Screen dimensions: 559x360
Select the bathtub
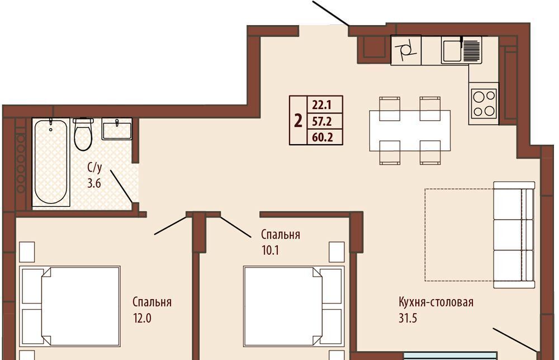pos(51,162)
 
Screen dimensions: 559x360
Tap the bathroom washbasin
pos(117,129)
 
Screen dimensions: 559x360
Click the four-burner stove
pos(484,103)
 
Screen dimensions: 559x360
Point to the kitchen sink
pos(461,50)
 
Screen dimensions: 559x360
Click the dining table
pos(410,130)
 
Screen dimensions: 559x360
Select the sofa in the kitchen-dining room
pos(514,235)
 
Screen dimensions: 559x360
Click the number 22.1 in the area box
pos(322,105)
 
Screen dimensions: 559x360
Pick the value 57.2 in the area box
pos(322,122)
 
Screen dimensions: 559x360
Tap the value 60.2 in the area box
pos(323,137)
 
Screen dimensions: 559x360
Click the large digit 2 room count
pos(298,121)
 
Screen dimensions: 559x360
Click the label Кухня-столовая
pos(436,302)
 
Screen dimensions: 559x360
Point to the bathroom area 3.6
pos(94,183)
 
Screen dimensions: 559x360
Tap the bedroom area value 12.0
pos(142,318)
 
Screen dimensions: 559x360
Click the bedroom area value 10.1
pos(270,250)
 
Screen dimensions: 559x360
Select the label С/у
pos(94,168)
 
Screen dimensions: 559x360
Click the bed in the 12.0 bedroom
pos(70,306)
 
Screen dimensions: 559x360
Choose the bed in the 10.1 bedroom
pos(294,306)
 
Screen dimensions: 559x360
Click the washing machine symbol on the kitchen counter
pos(406,50)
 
